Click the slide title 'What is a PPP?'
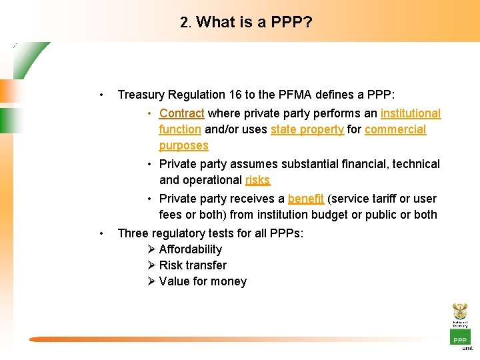pyautogui.click(x=254, y=22)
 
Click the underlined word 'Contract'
pyautogui.click(x=181, y=113)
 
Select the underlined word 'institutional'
pyautogui.click(x=411, y=113)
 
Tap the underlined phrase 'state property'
pyautogui.click(x=307, y=129)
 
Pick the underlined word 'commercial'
pyautogui.click(x=395, y=129)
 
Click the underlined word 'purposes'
pyautogui.click(x=183, y=145)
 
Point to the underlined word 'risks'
pyautogui.click(x=257, y=180)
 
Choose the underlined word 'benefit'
pyautogui.click(x=306, y=199)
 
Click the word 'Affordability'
pyautogui.click(x=191, y=249)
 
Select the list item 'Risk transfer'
pyautogui.click(x=193, y=265)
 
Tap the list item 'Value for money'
pyautogui.click(x=203, y=281)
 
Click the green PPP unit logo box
pyautogui.click(x=460, y=338)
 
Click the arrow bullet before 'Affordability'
pyautogui.click(x=151, y=249)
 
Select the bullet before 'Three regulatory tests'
pyautogui.click(x=100, y=233)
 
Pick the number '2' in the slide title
pyautogui.click(x=184, y=22)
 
